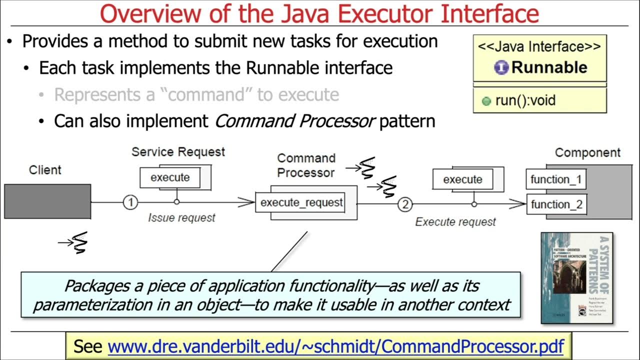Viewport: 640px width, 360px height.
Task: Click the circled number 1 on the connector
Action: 130,202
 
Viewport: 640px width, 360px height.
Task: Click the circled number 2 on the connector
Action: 405,204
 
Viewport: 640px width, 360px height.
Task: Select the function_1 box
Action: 555,179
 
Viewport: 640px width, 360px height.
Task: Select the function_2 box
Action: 555,204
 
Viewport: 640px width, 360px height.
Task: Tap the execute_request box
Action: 301,202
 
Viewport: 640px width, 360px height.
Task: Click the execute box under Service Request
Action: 170,177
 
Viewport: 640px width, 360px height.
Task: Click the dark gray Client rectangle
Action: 47,201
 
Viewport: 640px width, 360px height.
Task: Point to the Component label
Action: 587,152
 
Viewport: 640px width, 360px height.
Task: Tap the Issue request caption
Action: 181,217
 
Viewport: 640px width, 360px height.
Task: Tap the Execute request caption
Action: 455,221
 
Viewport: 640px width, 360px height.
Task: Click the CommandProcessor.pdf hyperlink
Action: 336,346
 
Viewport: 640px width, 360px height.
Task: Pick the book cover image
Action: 576,277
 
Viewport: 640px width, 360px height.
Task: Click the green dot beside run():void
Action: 486,101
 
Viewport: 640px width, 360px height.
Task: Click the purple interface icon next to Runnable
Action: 501,67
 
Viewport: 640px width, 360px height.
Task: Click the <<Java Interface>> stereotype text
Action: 539,47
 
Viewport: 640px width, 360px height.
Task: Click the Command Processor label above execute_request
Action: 306,165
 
